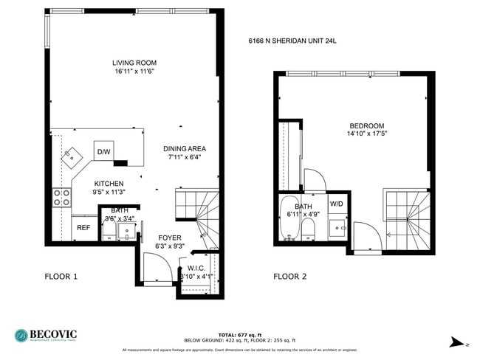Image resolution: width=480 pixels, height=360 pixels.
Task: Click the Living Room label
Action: click(x=134, y=63)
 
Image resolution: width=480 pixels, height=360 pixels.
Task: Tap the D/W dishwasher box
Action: click(x=103, y=152)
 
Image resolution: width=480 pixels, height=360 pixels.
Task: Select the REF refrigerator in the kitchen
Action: click(x=83, y=228)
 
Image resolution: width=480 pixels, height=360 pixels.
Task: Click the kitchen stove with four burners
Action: click(x=62, y=197)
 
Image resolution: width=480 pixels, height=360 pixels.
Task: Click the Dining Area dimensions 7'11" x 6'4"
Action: click(x=185, y=157)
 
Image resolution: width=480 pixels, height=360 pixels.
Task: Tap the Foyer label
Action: click(x=169, y=238)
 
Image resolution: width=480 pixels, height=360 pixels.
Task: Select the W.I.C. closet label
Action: click(x=196, y=269)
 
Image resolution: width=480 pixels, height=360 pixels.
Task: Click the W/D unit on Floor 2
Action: click(x=336, y=204)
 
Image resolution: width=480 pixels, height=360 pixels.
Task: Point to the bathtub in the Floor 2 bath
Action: click(x=287, y=220)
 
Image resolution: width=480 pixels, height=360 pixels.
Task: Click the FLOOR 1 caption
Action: click(x=61, y=277)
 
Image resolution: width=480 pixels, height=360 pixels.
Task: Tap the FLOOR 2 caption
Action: click(x=289, y=277)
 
